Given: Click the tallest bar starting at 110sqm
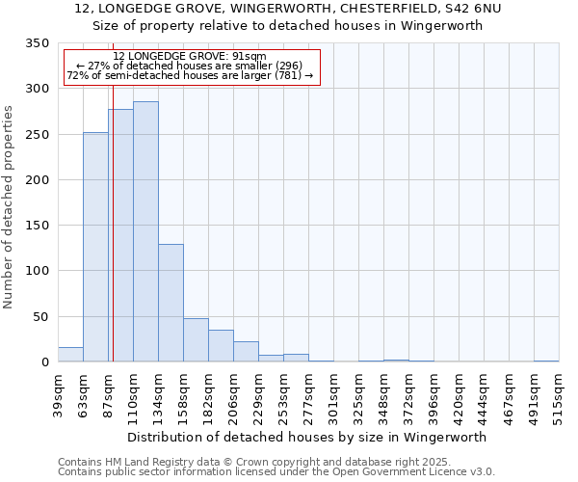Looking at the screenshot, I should pos(145,231).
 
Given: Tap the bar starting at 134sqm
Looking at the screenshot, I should pos(171,303).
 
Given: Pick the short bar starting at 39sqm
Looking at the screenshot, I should pos(70,355).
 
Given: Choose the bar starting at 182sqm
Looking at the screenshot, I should pos(221,346).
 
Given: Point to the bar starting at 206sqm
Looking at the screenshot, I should pos(246,352).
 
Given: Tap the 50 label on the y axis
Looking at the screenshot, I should pos(40,317).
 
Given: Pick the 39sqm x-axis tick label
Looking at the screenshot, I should pos(58,394).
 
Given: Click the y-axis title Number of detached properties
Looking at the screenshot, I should pos(10,207).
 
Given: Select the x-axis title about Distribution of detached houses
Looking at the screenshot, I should pos(306,437).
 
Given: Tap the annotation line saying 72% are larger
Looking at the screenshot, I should pos(191,75).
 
